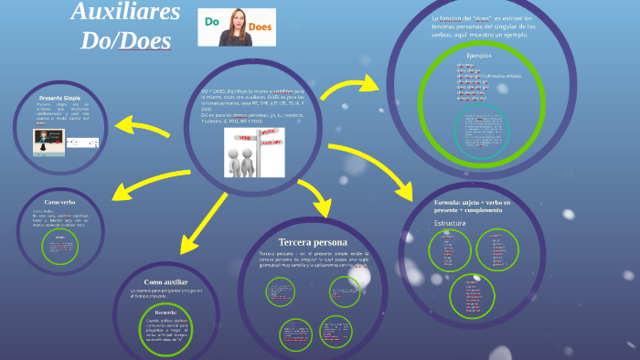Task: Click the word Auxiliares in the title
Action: coord(125,14)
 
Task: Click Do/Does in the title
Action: coord(125,41)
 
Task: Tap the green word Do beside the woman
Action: coord(210,21)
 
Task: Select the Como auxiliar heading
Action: coord(165,282)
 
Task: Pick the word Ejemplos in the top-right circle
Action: coord(479,56)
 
